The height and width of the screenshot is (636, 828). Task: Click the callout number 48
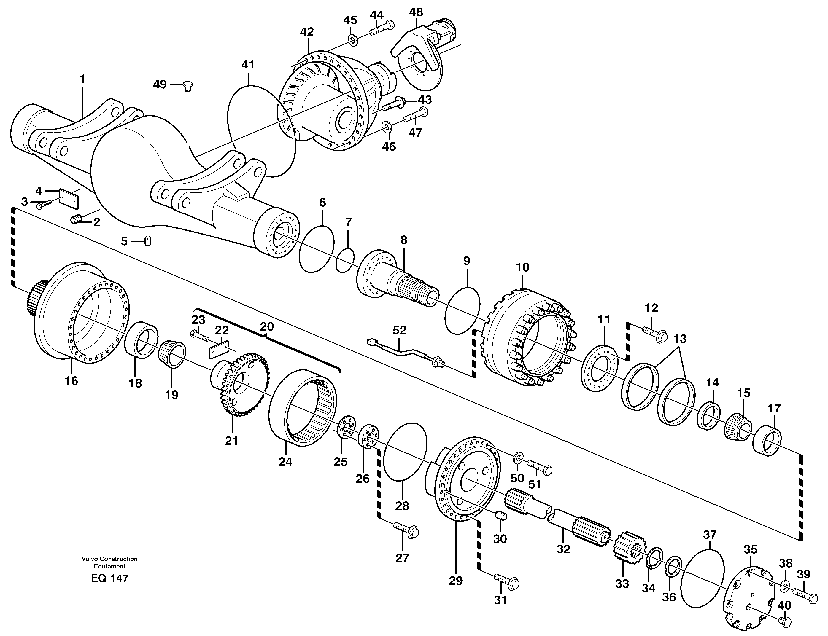[x=416, y=12]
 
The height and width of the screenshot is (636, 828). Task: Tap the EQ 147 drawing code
[x=109, y=578]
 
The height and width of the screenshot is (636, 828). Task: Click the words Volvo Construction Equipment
[x=109, y=562]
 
